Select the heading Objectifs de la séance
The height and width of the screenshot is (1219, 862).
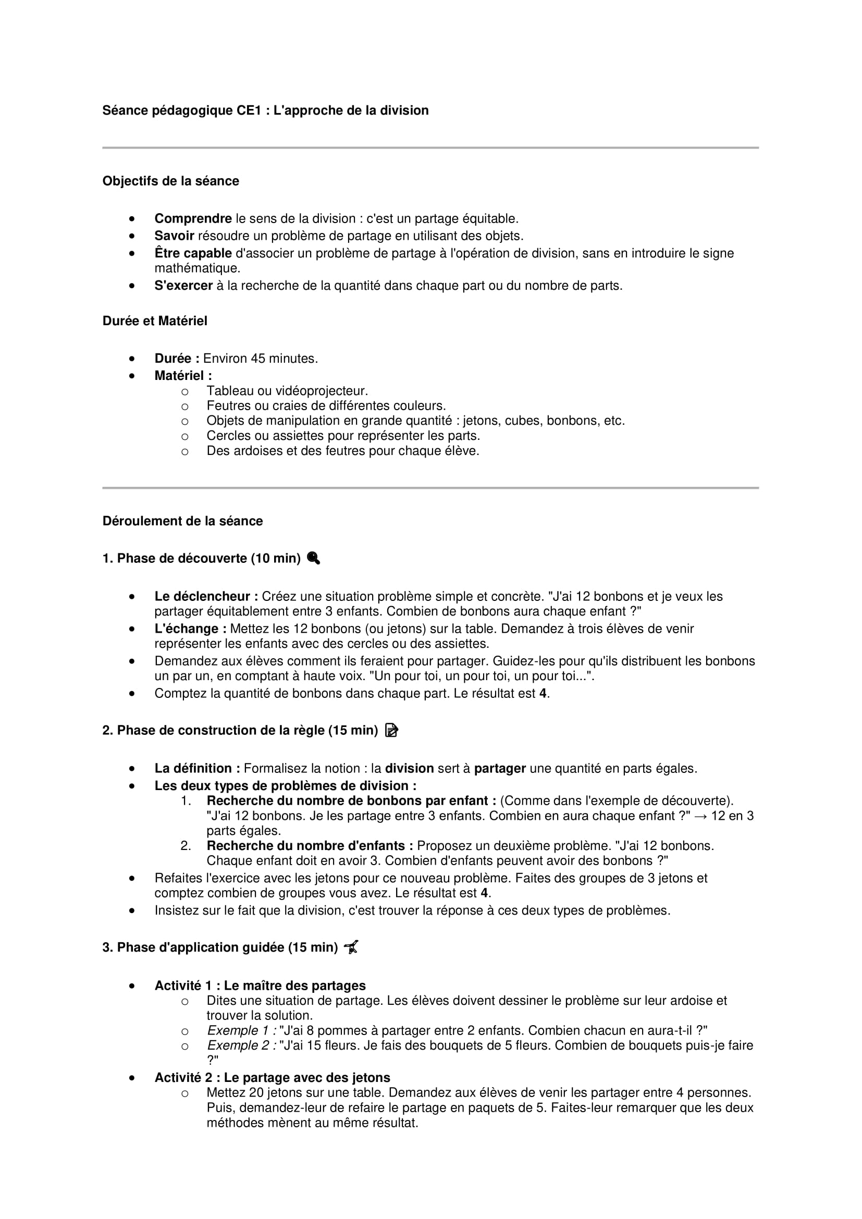coord(170,181)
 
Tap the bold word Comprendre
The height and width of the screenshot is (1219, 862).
coord(193,219)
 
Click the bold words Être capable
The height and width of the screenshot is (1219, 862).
coord(193,253)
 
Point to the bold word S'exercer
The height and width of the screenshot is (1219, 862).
coord(183,286)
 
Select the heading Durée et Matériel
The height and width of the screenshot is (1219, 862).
coord(154,321)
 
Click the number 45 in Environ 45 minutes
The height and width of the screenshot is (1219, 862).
coord(258,359)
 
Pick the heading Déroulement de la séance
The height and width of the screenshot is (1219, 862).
coord(182,521)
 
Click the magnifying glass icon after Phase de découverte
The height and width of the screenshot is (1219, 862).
coord(314,558)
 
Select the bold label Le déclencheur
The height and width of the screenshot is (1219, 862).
coord(206,596)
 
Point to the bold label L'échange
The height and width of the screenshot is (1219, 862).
coord(190,629)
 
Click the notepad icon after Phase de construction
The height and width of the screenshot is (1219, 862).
coord(391,731)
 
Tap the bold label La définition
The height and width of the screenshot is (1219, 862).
coord(197,768)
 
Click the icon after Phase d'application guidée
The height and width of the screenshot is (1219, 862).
coord(351,947)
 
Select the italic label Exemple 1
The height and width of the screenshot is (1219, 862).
coord(241,1030)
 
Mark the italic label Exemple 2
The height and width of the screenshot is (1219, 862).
coord(241,1045)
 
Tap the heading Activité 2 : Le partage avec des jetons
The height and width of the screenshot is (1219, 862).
coord(272,1077)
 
